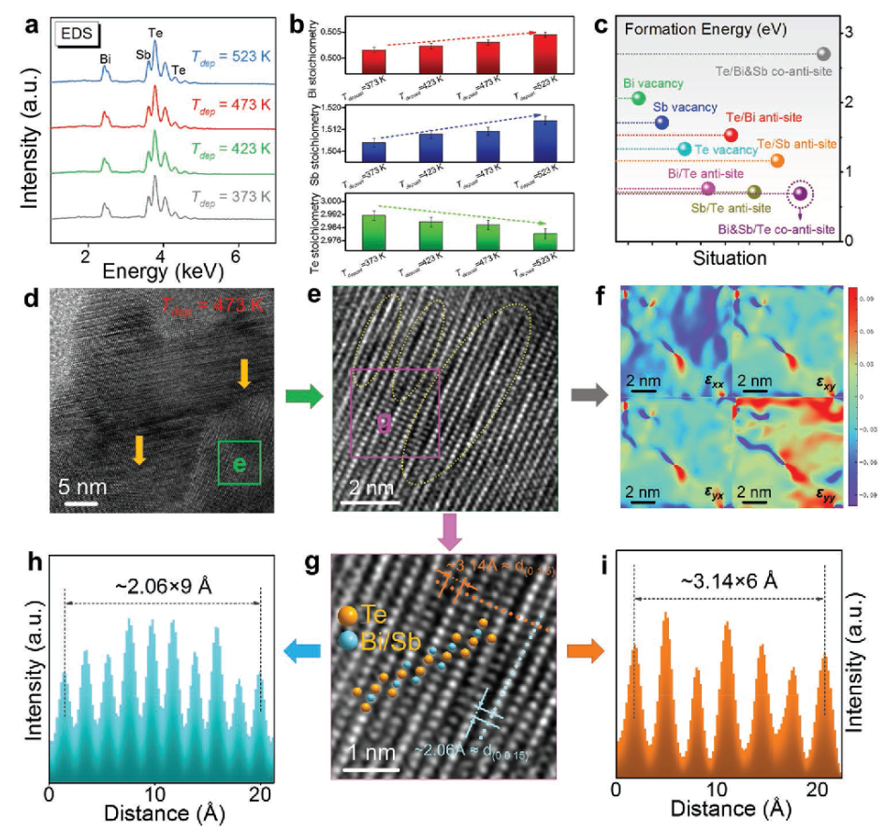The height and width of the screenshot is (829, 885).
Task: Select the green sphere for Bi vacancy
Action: tap(640, 98)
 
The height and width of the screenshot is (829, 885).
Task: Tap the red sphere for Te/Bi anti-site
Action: tap(732, 136)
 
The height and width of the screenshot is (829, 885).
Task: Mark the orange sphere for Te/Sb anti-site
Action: tap(777, 161)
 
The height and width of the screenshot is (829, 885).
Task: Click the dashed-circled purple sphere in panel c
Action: tap(800, 195)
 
